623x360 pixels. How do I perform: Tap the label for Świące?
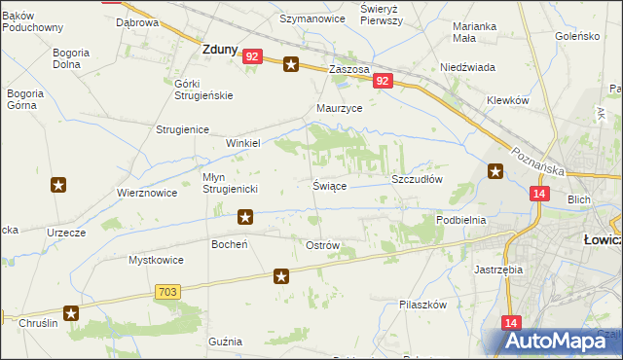(330, 185)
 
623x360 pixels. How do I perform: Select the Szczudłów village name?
(417, 180)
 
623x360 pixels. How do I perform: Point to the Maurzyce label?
(340, 109)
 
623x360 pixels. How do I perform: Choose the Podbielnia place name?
(460, 220)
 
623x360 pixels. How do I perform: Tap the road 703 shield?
(165, 291)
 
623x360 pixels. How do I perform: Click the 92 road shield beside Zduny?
(252, 57)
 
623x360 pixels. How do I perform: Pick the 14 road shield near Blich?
(538, 195)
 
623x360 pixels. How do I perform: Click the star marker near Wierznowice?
(58, 185)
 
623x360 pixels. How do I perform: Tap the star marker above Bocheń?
(246, 217)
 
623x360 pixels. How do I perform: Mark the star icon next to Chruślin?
(71, 312)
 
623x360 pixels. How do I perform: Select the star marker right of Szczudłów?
(495, 173)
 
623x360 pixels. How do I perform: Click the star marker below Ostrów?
(281, 277)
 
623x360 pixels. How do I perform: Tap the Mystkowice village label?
(157, 260)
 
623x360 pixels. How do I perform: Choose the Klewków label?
(507, 100)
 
